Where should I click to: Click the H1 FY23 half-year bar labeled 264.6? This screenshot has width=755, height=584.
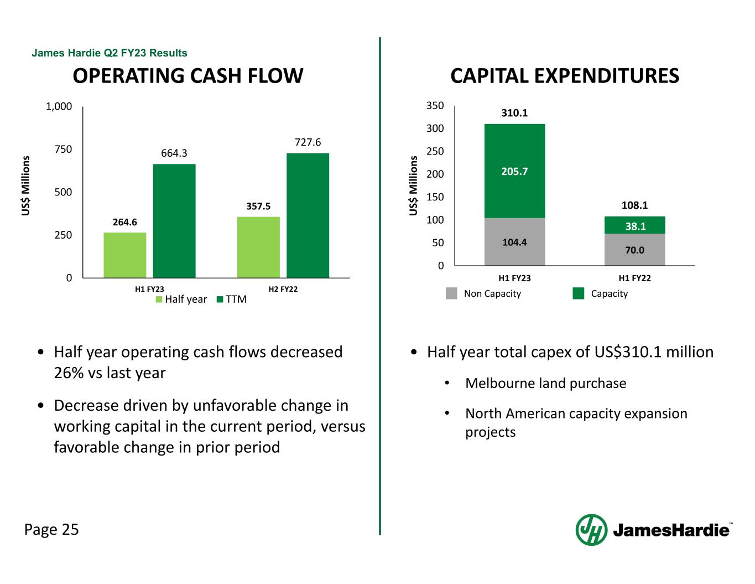pos(125,255)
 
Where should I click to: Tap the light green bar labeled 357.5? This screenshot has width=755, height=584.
pos(258,247)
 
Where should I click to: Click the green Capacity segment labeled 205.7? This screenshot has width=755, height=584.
pos(514,171)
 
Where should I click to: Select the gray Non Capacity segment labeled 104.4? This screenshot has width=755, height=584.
pos(514,242)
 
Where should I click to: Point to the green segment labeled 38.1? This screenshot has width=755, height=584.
pos(635,225)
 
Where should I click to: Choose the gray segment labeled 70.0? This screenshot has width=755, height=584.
pos(635,250)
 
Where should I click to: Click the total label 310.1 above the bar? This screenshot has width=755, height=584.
pos(514,113)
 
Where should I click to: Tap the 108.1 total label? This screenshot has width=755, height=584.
pos(634,205)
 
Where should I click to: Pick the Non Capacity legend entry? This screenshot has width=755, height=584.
pos(484,293)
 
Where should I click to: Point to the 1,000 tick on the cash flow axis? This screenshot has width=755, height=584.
pos(59,106)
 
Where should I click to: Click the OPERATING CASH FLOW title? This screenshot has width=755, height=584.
pos(188,76)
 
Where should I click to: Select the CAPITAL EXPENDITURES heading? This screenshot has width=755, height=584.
pos(565,76)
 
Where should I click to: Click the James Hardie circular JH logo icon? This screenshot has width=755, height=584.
pos(591,530)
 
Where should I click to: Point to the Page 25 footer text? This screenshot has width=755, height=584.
pos(51,530)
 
